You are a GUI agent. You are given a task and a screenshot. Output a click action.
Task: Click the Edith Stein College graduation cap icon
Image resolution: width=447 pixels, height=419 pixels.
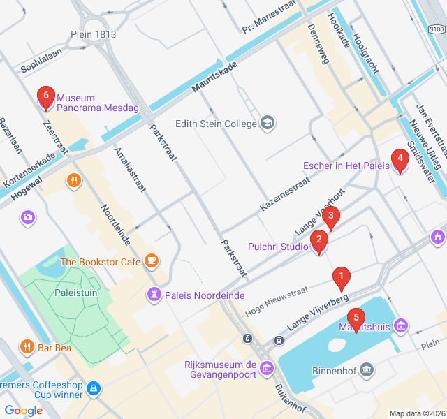267,124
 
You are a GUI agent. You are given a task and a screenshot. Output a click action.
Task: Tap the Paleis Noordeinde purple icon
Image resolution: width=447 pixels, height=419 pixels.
153,295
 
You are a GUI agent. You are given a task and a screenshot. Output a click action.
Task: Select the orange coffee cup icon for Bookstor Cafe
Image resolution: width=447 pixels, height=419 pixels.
152,262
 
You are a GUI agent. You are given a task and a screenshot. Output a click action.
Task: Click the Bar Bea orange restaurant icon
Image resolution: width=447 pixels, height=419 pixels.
27,346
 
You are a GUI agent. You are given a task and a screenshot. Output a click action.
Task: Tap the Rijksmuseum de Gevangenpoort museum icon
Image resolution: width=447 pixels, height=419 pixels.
267,368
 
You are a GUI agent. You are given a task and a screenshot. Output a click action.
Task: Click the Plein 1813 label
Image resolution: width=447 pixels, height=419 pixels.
93,34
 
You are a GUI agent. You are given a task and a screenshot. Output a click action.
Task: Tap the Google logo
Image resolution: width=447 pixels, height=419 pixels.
24,411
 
